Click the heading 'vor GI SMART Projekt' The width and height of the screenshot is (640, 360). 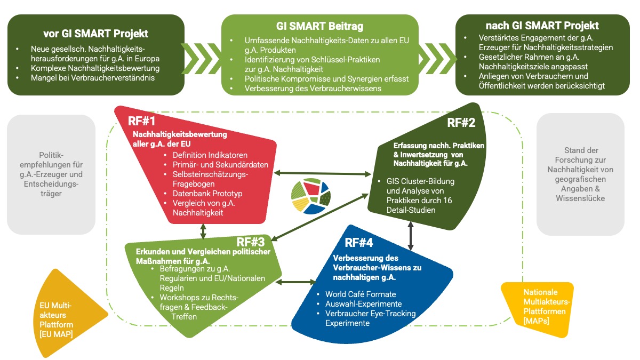(96, 33)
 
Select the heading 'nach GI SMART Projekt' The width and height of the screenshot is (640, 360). (542, 25)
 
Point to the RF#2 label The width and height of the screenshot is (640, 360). (461, 123)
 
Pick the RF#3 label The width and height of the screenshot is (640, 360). (251, 243)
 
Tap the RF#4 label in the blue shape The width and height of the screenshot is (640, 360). (359, 243)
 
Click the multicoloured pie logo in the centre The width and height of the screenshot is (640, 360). (310, 194)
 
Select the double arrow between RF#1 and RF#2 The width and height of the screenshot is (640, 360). (326, 173)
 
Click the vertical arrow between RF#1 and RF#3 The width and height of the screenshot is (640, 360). (203, 231)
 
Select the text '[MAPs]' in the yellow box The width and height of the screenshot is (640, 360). (536, 321)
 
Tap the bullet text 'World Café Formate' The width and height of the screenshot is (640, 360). (361, 294)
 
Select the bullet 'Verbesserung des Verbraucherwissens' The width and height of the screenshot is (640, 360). (313, 89)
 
